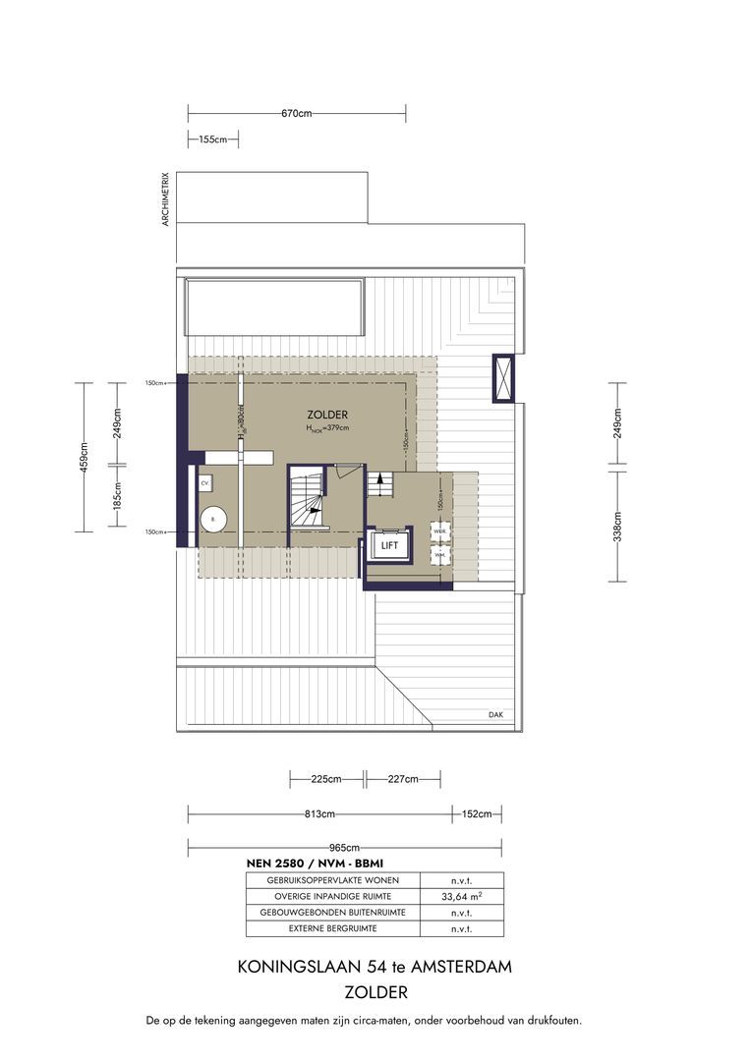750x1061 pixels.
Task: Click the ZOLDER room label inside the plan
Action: tap(326, 415)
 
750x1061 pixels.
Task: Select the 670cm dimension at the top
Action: tap(296, 114)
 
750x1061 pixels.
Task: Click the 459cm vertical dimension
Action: tap(85, 456)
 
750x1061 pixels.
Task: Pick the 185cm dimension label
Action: tap(117, 499)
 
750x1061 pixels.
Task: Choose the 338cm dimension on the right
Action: tap(617, 527)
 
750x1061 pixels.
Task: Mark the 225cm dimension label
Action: tap(325, 779)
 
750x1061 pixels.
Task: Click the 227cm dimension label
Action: tap(403, 779)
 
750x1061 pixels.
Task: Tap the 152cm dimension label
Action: tap(478, 814)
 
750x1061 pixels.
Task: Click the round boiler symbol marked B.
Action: tap(212, 519)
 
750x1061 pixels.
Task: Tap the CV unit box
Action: tap(205, 484)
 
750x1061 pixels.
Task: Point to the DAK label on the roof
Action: tap(495, 714)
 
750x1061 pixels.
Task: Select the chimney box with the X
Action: tap(503, 377)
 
